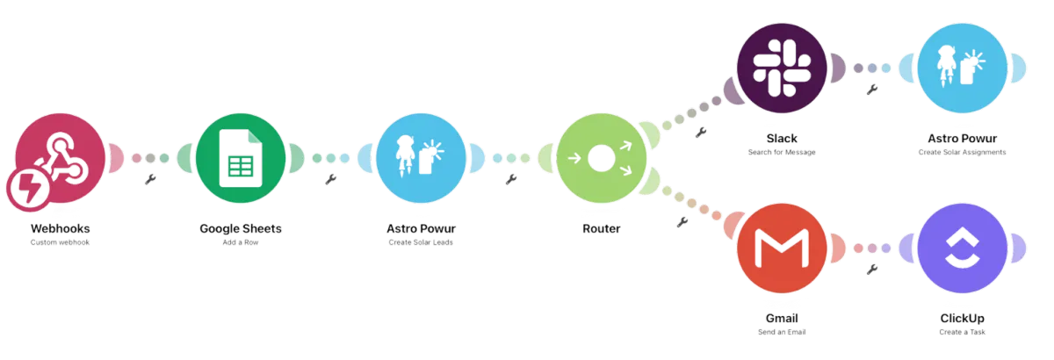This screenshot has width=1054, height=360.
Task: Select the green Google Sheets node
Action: pyautogui.click(x=240, y=158)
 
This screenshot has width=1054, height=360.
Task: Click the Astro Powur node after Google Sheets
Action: pyautogui.click(x=421, y=158)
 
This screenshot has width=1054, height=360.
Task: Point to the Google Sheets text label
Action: pyautogui.click(x=240, y=230)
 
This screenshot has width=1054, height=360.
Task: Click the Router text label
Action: pyautogui.click(x=601, y=230)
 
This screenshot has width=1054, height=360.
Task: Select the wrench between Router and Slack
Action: pyautogui.click(x=700, y=133)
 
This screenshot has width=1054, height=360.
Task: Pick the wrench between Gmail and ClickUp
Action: pyautogui.click(x=871, y=270)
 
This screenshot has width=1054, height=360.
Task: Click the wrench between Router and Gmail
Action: pyautogui.click(x=682, y=221)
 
